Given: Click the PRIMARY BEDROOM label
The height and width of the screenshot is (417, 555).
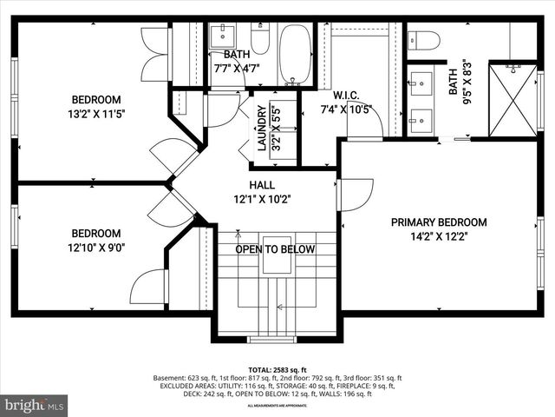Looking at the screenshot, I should [x=438, y=222].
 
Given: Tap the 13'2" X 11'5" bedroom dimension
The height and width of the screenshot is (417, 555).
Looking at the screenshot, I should [x=108, y=114].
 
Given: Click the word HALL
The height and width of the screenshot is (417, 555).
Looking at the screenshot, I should [x=263, y=185].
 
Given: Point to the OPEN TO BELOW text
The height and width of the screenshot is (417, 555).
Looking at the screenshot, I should [x=276, y=249].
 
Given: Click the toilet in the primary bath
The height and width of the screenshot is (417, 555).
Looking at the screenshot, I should [x=424, y=40].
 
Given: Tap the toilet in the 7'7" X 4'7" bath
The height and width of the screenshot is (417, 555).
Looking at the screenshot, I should [x=260, y=39].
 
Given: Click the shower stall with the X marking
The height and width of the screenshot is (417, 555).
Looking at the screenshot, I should [x=513, y=100].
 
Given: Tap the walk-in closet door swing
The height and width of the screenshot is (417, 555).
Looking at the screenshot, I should [x=364, y=122].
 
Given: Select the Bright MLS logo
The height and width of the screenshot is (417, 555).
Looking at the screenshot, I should [x=35, y=404].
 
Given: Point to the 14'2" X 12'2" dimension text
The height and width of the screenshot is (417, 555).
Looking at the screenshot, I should [x=438, y=237].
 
